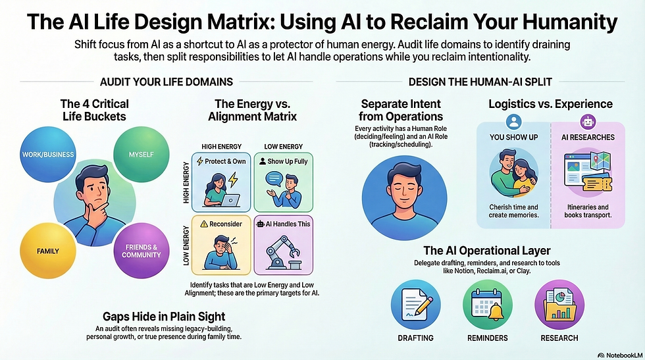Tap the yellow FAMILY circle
click(x=48, y=251)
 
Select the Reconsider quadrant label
click(x=221, y=224)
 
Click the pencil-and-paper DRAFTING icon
click(x=415, y=305)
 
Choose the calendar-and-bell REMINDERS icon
click(x=486, y=305)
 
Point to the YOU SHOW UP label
click(x=512, y=137)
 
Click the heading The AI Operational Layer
click(x=486, y=250)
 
